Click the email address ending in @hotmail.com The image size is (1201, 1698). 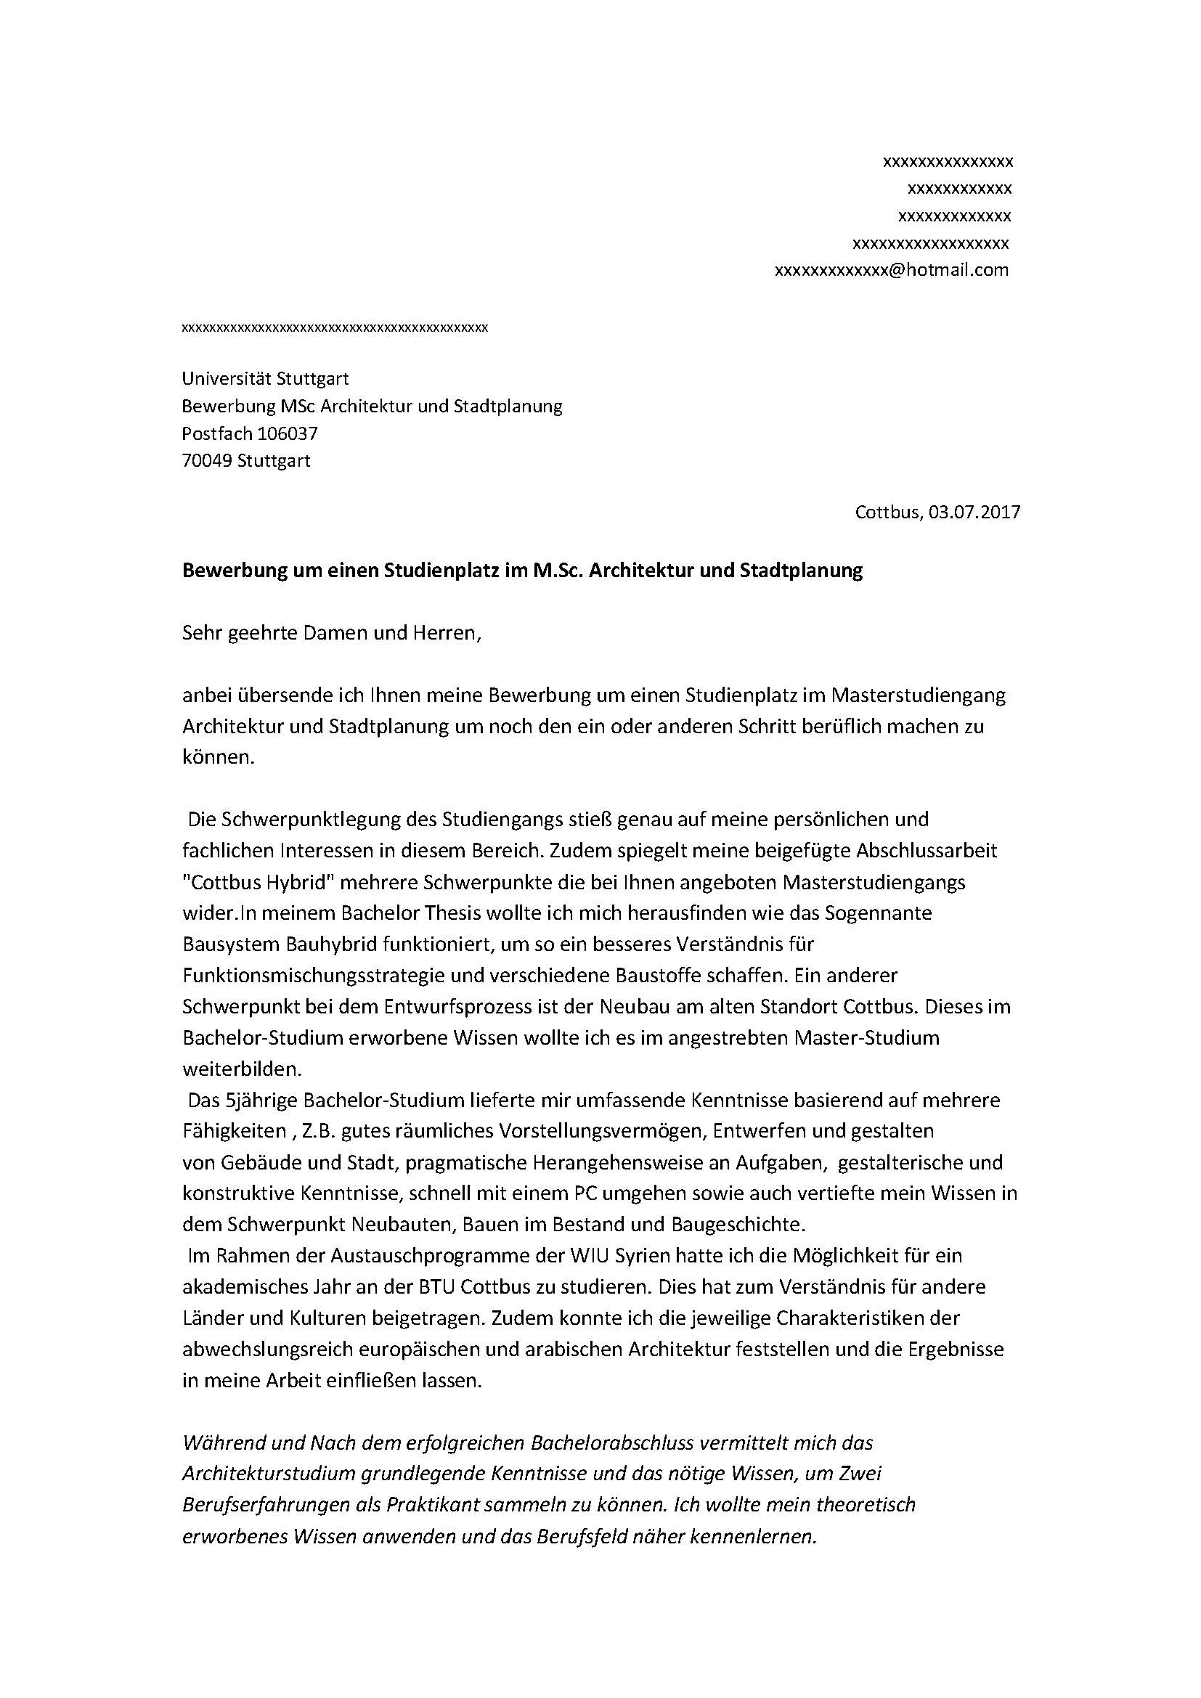pyautogui.click(x=891, y=270)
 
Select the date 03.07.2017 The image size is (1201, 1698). pyautogui.click(x=974, y=512)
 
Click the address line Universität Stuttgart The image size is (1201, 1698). pyautogui.click(x=265, y=379)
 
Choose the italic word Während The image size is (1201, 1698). pyautogui.click(x=219, y=1443)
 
